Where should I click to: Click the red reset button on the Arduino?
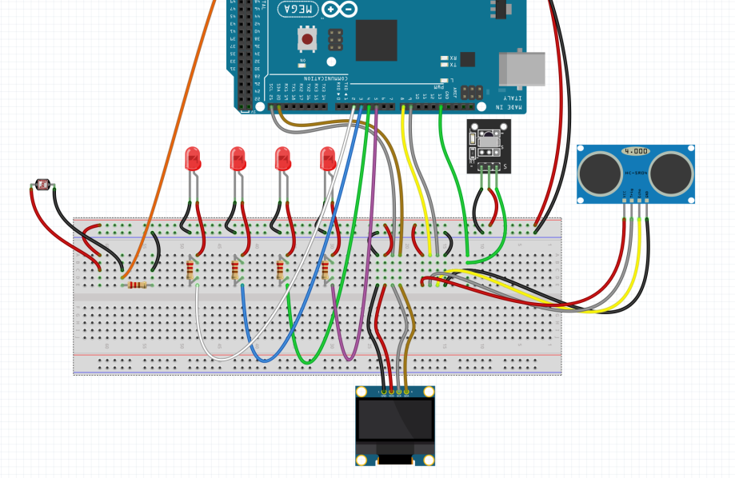click(x=306, y=38)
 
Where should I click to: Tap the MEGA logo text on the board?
click(x=297, y=9)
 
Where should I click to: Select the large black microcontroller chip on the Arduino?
click(x=376, y=40)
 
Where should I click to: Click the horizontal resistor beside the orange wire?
click(x=137, y=285)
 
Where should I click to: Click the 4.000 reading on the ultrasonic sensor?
click(x=637, y=150)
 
